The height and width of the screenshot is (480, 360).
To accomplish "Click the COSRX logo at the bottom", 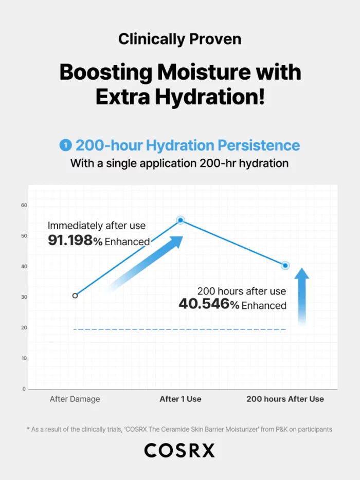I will [179, 451].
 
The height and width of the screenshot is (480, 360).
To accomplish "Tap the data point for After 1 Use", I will [181, 220].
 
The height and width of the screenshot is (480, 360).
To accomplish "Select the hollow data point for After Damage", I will [75, 296].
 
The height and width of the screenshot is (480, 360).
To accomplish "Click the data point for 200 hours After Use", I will [285, 265].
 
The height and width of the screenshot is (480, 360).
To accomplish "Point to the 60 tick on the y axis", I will [24, 206].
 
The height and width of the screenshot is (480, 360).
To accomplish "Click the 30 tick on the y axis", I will [24, 297].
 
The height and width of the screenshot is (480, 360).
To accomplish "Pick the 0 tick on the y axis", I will [24, 389].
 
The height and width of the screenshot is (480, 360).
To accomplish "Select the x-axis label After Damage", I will [75, 399].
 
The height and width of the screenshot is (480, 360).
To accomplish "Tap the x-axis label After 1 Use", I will [181, 399].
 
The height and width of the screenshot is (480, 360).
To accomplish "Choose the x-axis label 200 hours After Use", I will [285, 399].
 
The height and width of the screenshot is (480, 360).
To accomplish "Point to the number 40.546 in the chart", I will [204, 304].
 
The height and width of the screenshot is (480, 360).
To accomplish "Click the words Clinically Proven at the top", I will [179, 39].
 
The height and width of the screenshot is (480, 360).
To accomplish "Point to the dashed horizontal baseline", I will [179, 329].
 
